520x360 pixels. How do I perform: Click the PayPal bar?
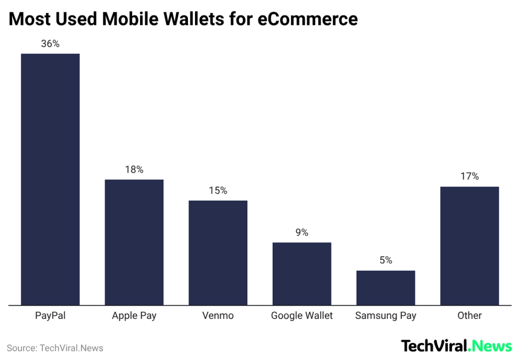coord(50,179)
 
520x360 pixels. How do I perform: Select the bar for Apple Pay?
coord(134,242)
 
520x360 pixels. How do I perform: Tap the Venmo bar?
coord(218,253)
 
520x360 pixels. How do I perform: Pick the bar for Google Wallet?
coord(302,274)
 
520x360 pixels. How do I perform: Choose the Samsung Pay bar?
coord(385,288)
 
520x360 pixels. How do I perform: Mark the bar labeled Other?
coord(469,246)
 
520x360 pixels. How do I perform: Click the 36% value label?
coord(50,44)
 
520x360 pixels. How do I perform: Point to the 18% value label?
coord(134,170)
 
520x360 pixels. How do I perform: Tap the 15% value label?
coord(218,191)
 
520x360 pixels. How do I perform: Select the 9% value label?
coord(302,233)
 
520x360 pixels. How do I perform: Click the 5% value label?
coord(385,260)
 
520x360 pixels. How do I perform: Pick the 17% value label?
coord(469,177)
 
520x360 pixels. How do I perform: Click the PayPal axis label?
coord(50,316)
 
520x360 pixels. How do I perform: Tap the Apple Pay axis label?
coord(134,316)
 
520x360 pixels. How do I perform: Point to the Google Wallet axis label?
coord(302,316)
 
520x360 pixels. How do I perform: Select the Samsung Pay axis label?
coord(385,316)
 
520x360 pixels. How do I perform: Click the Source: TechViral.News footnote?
coord(55,348)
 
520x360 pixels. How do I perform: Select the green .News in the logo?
coord(490,346)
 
